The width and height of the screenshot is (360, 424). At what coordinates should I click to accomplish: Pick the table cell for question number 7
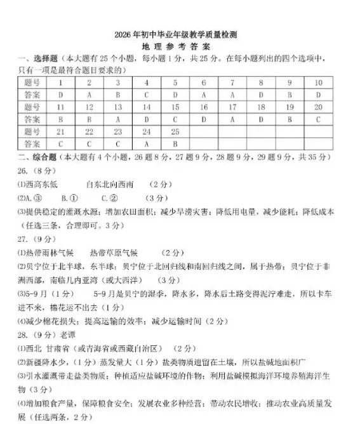coord(232,83)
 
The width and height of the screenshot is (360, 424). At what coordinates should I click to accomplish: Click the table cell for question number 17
coord(232,107)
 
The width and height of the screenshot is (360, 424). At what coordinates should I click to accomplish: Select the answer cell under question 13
coord(117,119)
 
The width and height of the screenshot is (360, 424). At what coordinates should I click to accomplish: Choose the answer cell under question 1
coord(60,95)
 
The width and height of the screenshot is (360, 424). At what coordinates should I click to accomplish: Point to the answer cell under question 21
coord(60,143)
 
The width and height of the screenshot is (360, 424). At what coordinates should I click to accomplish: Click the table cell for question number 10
coord(318,83)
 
